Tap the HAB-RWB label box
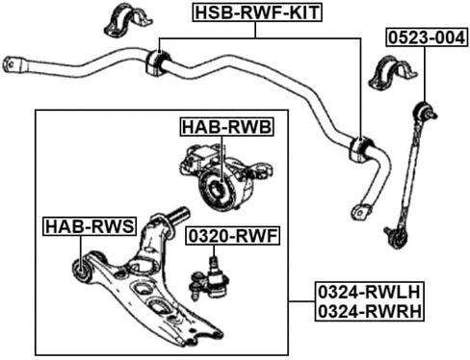tap(226, 126)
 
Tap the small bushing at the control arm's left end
tap(82, 272)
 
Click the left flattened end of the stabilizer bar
tap(13, 64)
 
